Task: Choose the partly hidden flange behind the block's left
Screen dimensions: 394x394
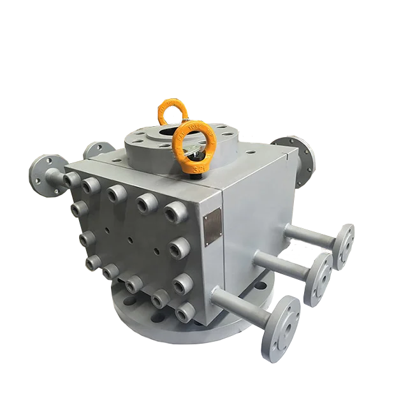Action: [94, 150]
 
